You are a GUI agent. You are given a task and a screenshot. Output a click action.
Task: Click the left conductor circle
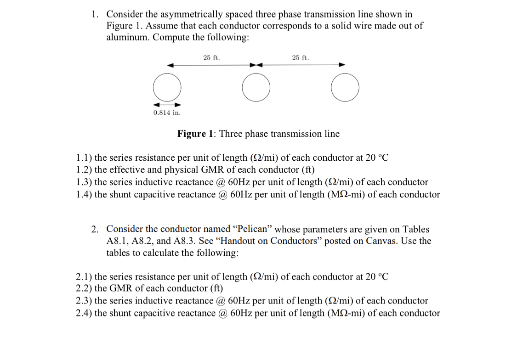(x=167, y=88)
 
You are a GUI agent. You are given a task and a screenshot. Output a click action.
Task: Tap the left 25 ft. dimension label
(x=211, y=58)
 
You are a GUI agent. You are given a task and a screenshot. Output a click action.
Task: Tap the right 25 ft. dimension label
(x=301, y=58)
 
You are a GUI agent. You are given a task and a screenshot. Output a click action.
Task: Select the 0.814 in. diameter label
(x=167, y=112)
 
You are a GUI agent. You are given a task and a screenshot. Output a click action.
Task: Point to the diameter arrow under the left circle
(x=167, y=104)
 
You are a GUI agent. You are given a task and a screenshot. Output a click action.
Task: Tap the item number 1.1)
(x=84, y=158)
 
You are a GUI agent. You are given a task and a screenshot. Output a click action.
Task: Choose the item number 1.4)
(x=84, y=194)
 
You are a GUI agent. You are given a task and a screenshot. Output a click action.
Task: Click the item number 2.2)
(x=84, y=289)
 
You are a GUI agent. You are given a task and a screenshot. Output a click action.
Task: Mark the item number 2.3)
(x=84, y=301)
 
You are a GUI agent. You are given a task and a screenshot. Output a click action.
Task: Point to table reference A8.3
(x=184, y=241)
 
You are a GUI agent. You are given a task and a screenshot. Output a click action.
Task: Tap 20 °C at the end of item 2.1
(x=377, y=277)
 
